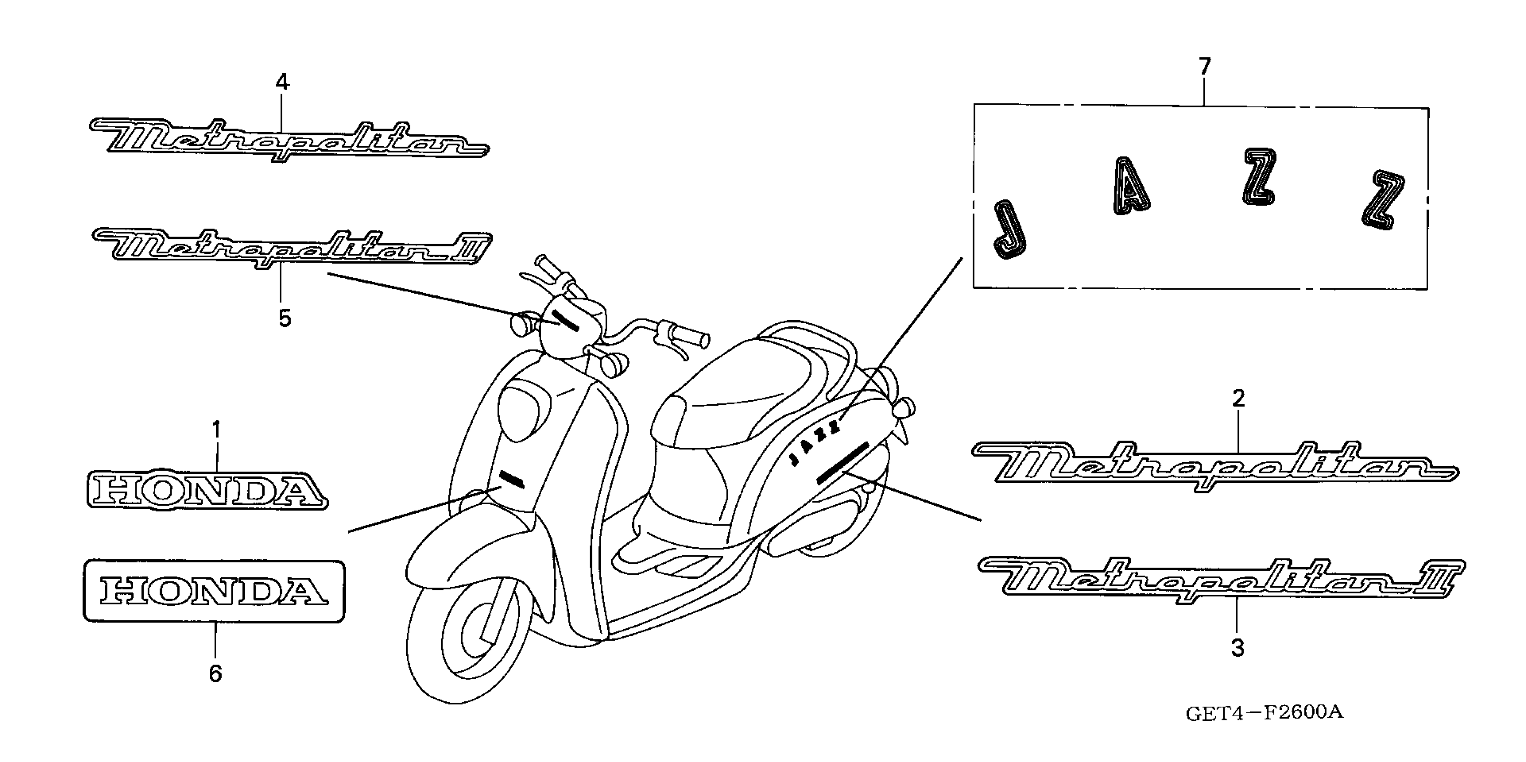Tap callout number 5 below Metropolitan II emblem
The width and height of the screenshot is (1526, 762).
tap(285, 319)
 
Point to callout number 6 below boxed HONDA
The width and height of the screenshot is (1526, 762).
tap(216, 674)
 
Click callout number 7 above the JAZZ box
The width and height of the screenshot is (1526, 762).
tap(1205, 66)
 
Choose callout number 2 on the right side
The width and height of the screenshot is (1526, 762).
tap(1238, 399)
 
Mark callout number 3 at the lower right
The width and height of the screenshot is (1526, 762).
tap(1238, 648)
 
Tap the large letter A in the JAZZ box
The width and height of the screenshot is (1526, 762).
tap(1130, 186)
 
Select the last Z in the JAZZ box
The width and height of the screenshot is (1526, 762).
tap(1383, 200)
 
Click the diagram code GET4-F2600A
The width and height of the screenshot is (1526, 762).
tap(1264, 713)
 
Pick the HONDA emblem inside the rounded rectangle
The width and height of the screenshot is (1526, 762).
tap(213, 591)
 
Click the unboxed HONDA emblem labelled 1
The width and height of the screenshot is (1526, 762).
tap(207, 491)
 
